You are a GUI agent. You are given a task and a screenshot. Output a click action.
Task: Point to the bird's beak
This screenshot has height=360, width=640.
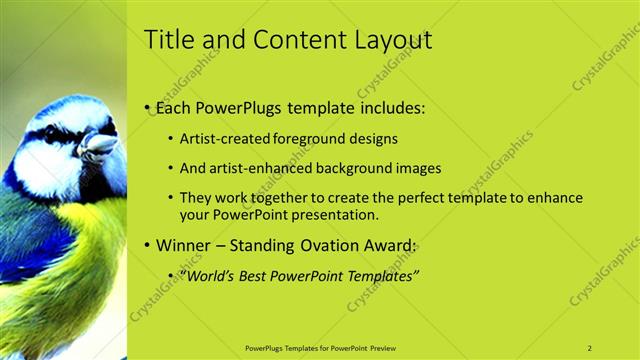[98, 146]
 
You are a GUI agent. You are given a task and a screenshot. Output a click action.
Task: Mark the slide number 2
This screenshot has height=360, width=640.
[590, 348]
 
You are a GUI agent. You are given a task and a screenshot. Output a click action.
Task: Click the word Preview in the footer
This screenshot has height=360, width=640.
[383, 348]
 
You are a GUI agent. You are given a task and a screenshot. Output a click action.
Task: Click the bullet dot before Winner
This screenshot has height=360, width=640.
[148, 246]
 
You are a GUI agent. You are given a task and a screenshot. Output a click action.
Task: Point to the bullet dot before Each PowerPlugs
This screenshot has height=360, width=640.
[148, 106]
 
